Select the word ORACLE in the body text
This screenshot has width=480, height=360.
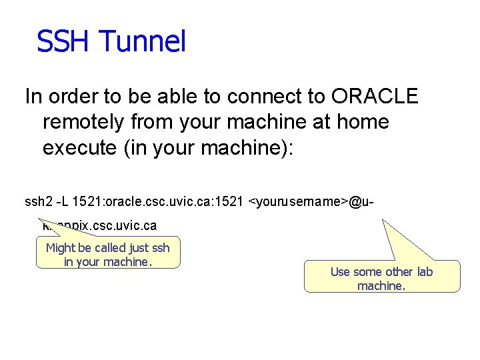tap(374, 97)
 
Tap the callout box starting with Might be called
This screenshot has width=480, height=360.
tap(108, 254)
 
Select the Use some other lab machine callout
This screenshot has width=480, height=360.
tap(382, 278)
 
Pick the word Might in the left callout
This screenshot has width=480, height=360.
tap(61, 248)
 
